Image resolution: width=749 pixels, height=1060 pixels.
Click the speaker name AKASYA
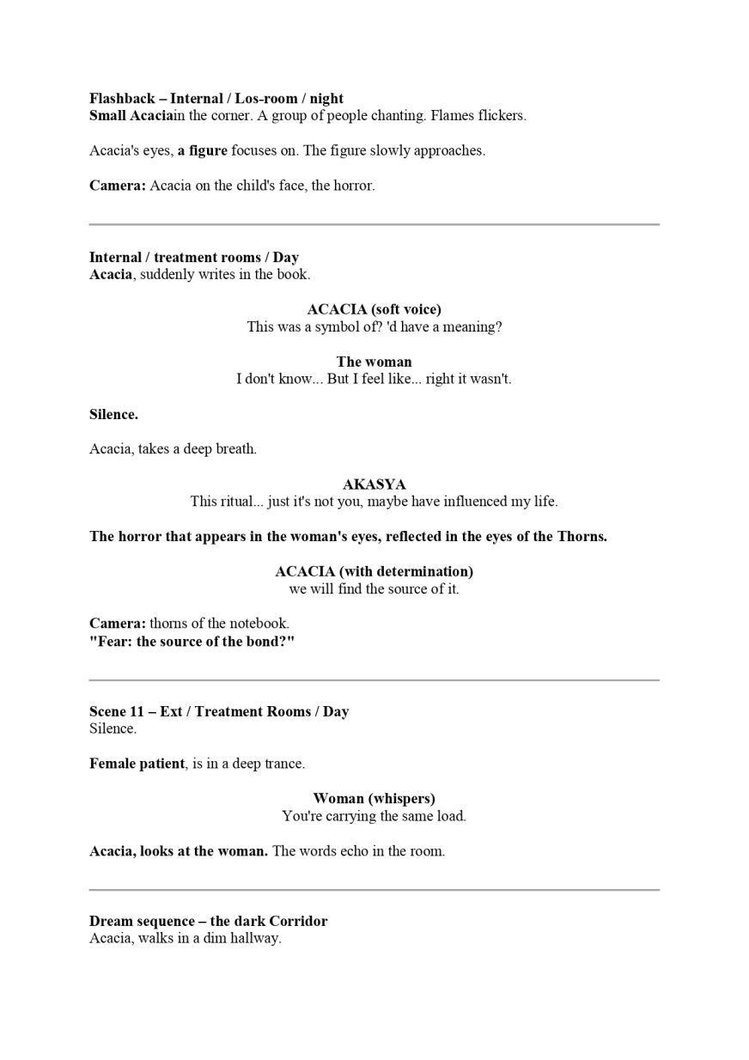click(x=374, y=484)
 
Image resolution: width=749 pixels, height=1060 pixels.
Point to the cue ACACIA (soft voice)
click(x=374, y=309)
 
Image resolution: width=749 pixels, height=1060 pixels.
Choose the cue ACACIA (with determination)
click(x=374, y=571)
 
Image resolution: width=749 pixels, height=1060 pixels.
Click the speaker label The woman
click(x=374, y=362)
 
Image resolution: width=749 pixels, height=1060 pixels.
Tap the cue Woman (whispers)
click(x=374, y=799)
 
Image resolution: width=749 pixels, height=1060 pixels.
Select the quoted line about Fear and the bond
click(x=192, y=642)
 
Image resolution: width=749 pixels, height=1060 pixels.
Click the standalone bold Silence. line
click(x=113, y=414)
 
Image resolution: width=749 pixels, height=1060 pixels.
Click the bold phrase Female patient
click(x=137, y=764)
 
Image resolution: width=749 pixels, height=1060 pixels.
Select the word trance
click(x=284, y=764)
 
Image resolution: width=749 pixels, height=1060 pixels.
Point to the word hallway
click(x=255, y=938)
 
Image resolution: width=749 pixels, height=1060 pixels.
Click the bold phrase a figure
click(x=203, y=150)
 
